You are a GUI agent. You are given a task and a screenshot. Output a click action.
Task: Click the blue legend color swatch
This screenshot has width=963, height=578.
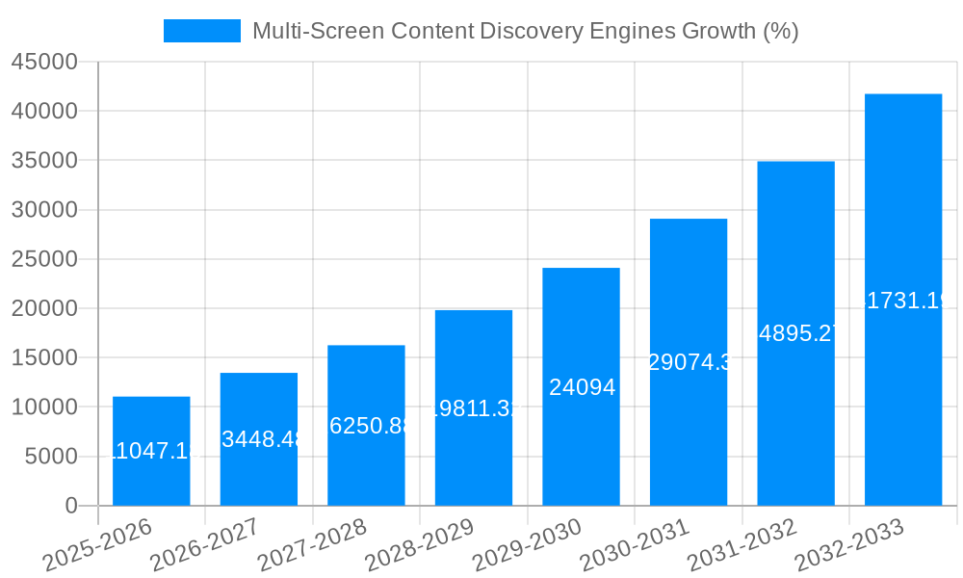[x=201, y=31]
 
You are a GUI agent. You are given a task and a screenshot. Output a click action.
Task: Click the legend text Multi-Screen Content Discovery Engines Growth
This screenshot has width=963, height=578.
[x=525, y=31]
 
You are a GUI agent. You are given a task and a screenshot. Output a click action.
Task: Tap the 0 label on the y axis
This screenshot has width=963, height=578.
[x=70, y=506]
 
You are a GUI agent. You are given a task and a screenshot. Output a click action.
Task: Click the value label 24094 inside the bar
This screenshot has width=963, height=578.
[x=581, y=387]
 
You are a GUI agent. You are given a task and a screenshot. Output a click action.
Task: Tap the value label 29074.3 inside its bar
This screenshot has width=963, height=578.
[x=688, y=363]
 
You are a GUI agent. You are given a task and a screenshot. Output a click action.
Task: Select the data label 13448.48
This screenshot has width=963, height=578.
[x=259, y=439]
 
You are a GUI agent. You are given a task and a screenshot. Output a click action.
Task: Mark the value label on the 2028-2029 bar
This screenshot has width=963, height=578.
[x=474, y=408]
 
